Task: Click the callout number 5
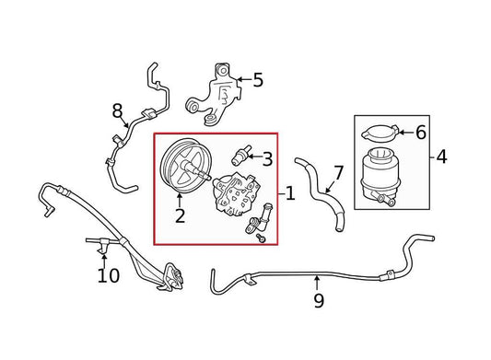[x=258, y=80]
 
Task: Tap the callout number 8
[x=117, y=110]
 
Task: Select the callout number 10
[x=109, y=275]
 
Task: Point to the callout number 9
[x=319, y=300]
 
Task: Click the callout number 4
[x=441, y=157]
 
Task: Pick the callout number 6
[x=421, y=133]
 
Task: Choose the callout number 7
[x=338, y=173]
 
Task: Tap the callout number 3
[x=267, y=158]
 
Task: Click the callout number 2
[x=180, y=215]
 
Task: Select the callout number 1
[x=290, y=193]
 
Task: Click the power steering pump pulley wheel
[x=180, y=166]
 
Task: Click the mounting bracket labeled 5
[x=215, y=94]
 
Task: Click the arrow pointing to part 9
[x=317, y=283]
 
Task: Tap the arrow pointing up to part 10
[x=104, y=261]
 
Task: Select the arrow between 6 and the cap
[x=406, y=133]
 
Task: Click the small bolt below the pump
[x=261, y=238]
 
